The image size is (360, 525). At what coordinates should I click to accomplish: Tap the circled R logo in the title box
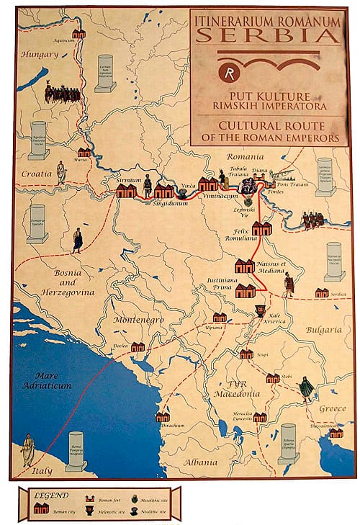tap(230, 72)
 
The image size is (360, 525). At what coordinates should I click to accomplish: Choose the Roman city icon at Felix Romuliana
tap(261, 228)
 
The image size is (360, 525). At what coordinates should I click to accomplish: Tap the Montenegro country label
tap(138, 319)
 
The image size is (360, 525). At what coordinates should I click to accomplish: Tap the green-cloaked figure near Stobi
tap(307, 389)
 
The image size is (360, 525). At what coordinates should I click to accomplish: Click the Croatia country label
tap(37, 174)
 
